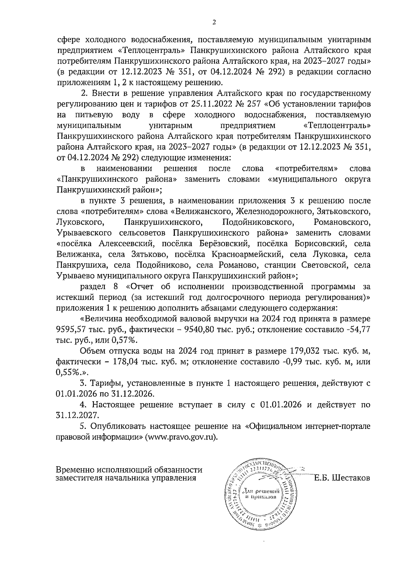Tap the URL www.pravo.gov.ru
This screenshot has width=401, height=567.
point(181,437)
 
